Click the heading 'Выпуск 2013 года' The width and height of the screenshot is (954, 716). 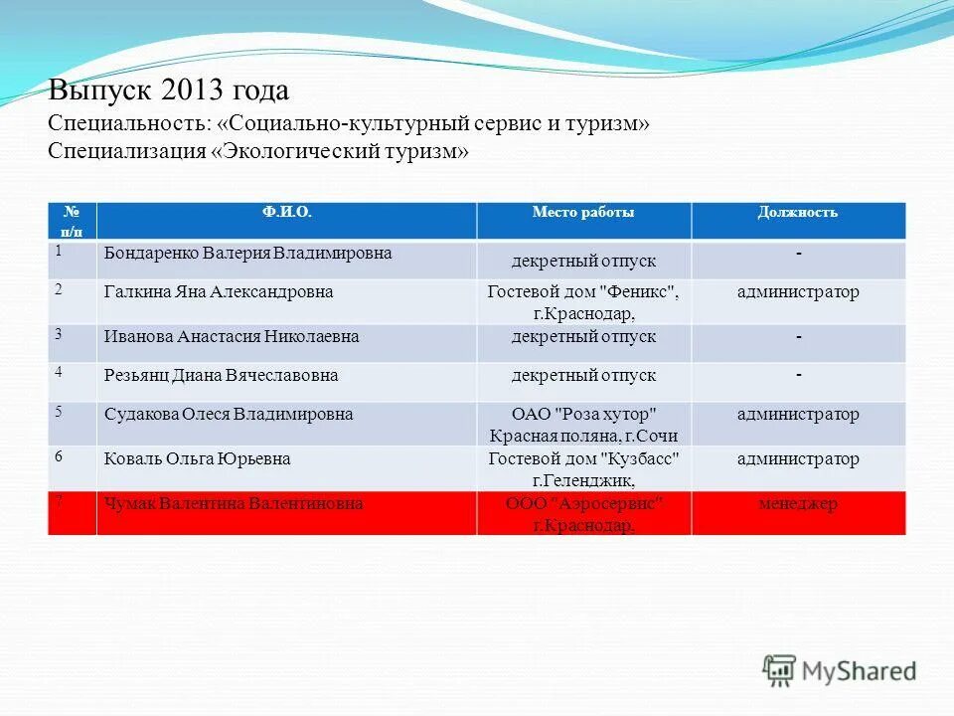(x=169, y=91)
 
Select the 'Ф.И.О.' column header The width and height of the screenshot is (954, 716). (x=286, y=212)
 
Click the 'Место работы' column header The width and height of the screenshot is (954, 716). (x=583, y=212)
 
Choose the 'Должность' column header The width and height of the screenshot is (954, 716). (x=798, y=212)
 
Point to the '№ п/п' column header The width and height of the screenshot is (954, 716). (x=73, y=220)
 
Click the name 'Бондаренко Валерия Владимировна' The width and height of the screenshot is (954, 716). (x=248, y=254)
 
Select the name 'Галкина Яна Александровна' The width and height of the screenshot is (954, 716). (x=219, y=292)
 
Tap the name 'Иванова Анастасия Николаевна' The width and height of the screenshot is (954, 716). (x=232, y=337)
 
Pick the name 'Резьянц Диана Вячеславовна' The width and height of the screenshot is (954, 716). (x=222, y=376)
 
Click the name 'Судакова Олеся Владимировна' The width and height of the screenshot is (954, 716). (x=229, y=415)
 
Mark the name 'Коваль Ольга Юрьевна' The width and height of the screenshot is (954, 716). (x=198, y=459)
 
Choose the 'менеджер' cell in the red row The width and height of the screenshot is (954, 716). (x=798, y=504)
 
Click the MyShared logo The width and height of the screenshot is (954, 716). (x=840, y=669)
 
